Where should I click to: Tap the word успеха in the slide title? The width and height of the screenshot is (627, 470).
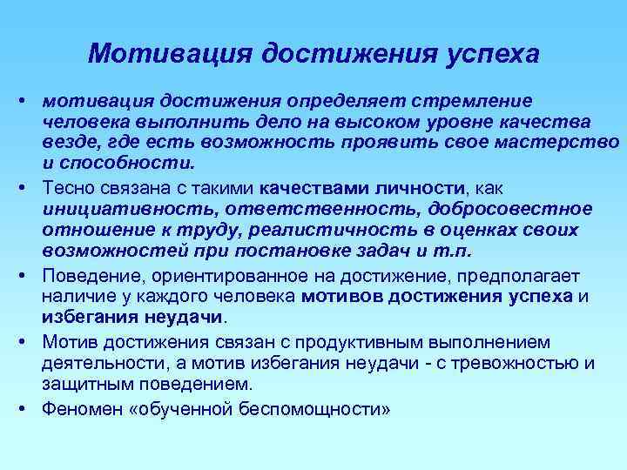coord(489,54)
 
